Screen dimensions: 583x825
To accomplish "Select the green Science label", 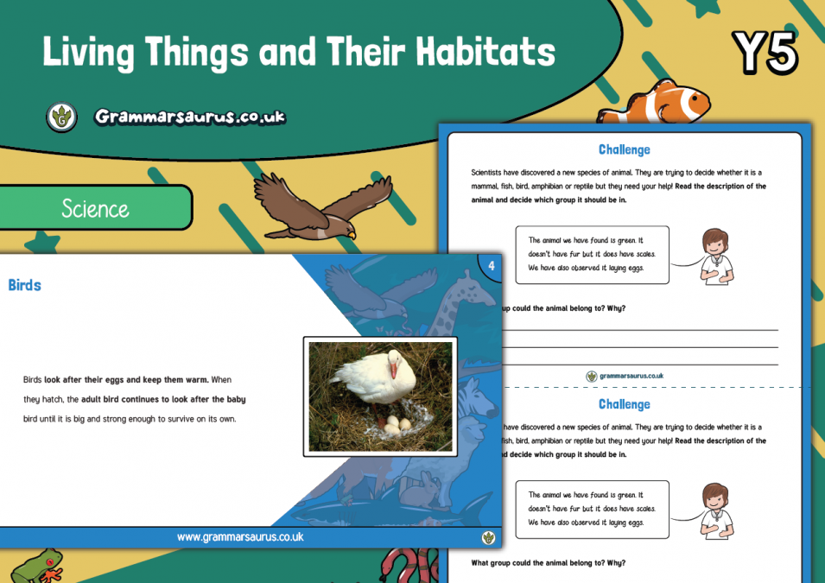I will (95, 208).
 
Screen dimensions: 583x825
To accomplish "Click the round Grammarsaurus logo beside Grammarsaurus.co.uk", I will (61, 117).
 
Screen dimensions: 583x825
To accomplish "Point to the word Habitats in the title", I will (485, 53).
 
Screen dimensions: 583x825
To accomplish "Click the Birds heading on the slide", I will (25, 285).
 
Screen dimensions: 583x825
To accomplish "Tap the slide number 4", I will (492, 267).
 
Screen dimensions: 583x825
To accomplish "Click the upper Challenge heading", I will (624, 150).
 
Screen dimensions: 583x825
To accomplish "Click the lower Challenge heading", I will (624, 404).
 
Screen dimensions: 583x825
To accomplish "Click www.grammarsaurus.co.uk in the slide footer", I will (240, 537).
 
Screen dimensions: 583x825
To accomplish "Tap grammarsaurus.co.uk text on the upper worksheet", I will (631, 377).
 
